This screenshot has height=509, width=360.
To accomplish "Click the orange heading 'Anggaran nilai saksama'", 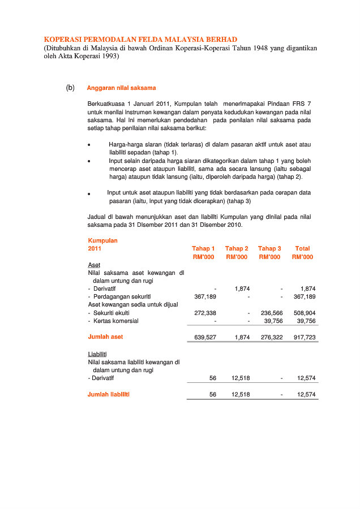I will click(121, 88).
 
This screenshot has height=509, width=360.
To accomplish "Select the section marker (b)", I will click(70, 88).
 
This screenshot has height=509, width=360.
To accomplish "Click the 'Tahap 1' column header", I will click(203, 248).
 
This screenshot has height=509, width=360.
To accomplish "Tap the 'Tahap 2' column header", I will click(237, 248).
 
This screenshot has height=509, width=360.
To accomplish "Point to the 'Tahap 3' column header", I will click(269, 248).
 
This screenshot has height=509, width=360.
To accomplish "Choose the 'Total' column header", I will click(302, 248).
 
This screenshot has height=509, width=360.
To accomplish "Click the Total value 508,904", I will click(305, 313).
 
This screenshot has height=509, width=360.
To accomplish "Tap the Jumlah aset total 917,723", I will click(305, 337).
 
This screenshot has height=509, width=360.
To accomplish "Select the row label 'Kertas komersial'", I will click(116, 321).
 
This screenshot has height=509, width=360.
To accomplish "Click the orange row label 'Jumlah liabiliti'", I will click(108, 394).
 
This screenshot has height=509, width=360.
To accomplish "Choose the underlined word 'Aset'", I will click(94, 265).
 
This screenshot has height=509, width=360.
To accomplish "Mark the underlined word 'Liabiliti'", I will click(98, 354).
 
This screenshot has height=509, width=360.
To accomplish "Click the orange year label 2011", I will click(95, 248).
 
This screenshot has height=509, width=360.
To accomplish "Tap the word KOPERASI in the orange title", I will click(64, 40).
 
